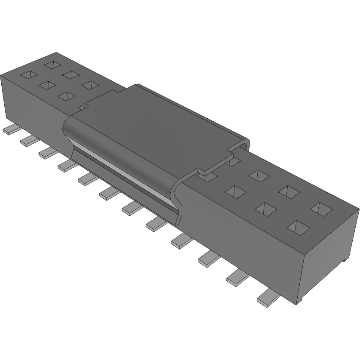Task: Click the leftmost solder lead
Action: (9, 130)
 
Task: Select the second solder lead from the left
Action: (28, 140)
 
